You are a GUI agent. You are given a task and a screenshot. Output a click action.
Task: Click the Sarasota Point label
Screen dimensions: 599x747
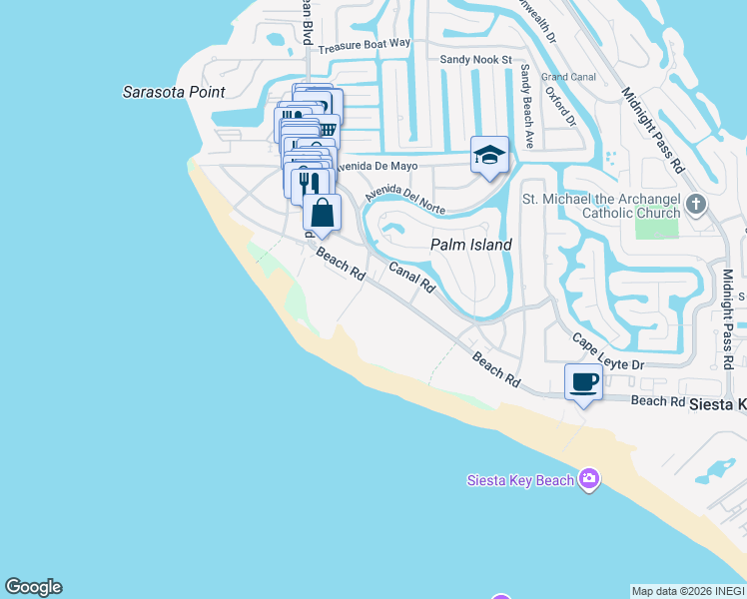pos(173,92)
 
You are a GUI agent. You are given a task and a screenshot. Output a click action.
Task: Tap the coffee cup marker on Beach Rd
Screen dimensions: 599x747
pos(583,381)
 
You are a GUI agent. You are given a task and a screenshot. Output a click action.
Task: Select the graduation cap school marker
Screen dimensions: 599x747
pos(489,156)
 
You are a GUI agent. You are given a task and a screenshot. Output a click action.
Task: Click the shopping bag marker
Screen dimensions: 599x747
pos(322,213)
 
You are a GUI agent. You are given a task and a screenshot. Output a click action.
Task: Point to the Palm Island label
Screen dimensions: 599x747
pos(470,245)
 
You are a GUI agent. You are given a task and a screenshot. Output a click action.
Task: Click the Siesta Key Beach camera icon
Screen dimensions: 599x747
pos(589,480)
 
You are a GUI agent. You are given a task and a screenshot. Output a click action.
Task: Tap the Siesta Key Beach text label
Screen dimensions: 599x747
pos(520,480)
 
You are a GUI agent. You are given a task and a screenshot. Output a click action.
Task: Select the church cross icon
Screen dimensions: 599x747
pos(696,206)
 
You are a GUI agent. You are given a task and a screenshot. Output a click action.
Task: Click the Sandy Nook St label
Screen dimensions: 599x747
pos(475,60)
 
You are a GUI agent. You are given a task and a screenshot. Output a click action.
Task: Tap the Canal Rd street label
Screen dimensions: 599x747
pos(412,278)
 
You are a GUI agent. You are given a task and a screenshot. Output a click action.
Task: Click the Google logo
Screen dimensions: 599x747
pos(33,587)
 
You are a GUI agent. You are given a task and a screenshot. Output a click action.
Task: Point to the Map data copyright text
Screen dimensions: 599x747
pos(688,591)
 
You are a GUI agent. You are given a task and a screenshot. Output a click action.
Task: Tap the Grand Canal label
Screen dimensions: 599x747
pos(568,77)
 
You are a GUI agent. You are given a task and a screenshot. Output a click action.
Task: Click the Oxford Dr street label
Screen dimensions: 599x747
pos(560,106)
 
